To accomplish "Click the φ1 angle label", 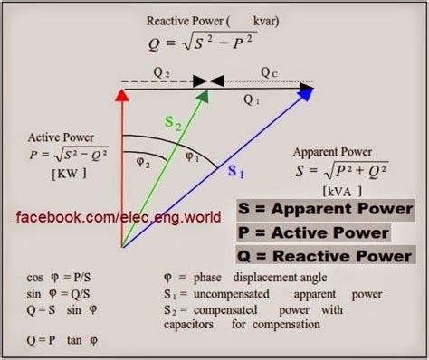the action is pyautogui.click(x=192, y=156).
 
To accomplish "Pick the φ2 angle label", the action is pyautogui.click(x=145, y=164).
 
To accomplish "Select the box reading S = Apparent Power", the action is pyautogui.click(x=325, y=209).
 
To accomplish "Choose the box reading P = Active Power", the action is pyautogui.click(x=313, y=232).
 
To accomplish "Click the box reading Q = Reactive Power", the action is pyautogui.click(x=325, y=257).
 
